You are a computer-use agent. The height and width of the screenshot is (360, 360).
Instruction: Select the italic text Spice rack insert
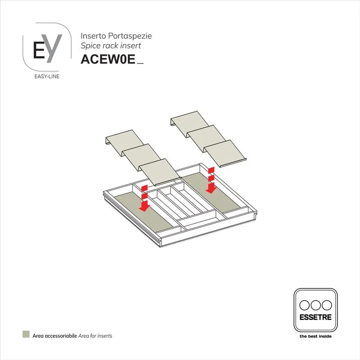pos(110,45)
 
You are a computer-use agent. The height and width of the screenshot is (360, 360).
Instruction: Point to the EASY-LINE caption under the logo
pos(47,76)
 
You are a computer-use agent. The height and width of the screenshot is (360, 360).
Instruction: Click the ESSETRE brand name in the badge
pos(315,317)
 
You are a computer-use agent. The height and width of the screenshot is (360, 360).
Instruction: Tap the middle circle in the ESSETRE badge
pos(315,304)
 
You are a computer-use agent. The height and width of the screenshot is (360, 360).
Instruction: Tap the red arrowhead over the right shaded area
pos(210,189)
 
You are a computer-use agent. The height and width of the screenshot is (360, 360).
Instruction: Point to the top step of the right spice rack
pos(189,120)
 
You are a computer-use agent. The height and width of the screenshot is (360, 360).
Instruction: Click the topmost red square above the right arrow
pos(210,170)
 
